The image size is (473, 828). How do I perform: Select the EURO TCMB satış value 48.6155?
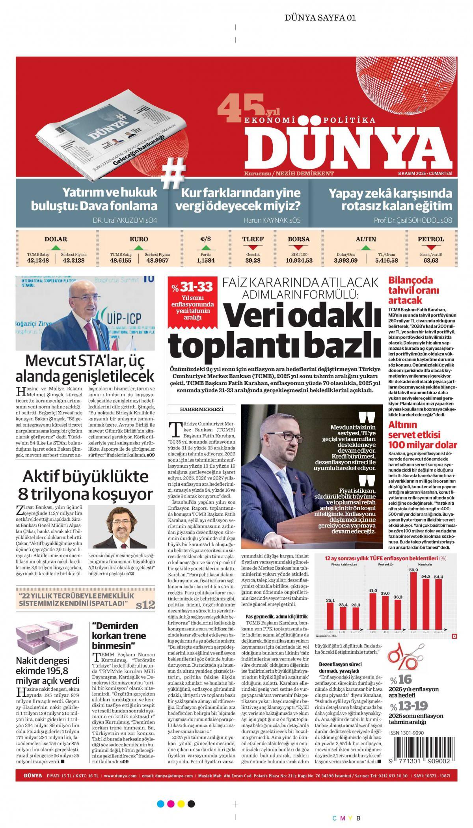pyautogui.click(x=121, y=260)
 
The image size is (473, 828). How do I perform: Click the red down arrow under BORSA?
pyautogui.click(x=298, y=248)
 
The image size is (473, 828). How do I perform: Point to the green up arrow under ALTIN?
pyautogui.click(x=366, y=248)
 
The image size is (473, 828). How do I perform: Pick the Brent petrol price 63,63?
pyautogui.click(x=431, y=260)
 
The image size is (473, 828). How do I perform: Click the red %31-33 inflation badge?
pyautogui.click(x=192, y=301)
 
